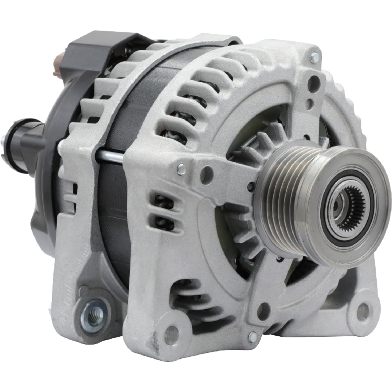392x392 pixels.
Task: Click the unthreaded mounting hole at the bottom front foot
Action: tap(171, 335)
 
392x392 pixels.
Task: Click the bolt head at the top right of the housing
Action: tap(314, 57)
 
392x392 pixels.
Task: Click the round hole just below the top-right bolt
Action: tap(314, 83)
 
